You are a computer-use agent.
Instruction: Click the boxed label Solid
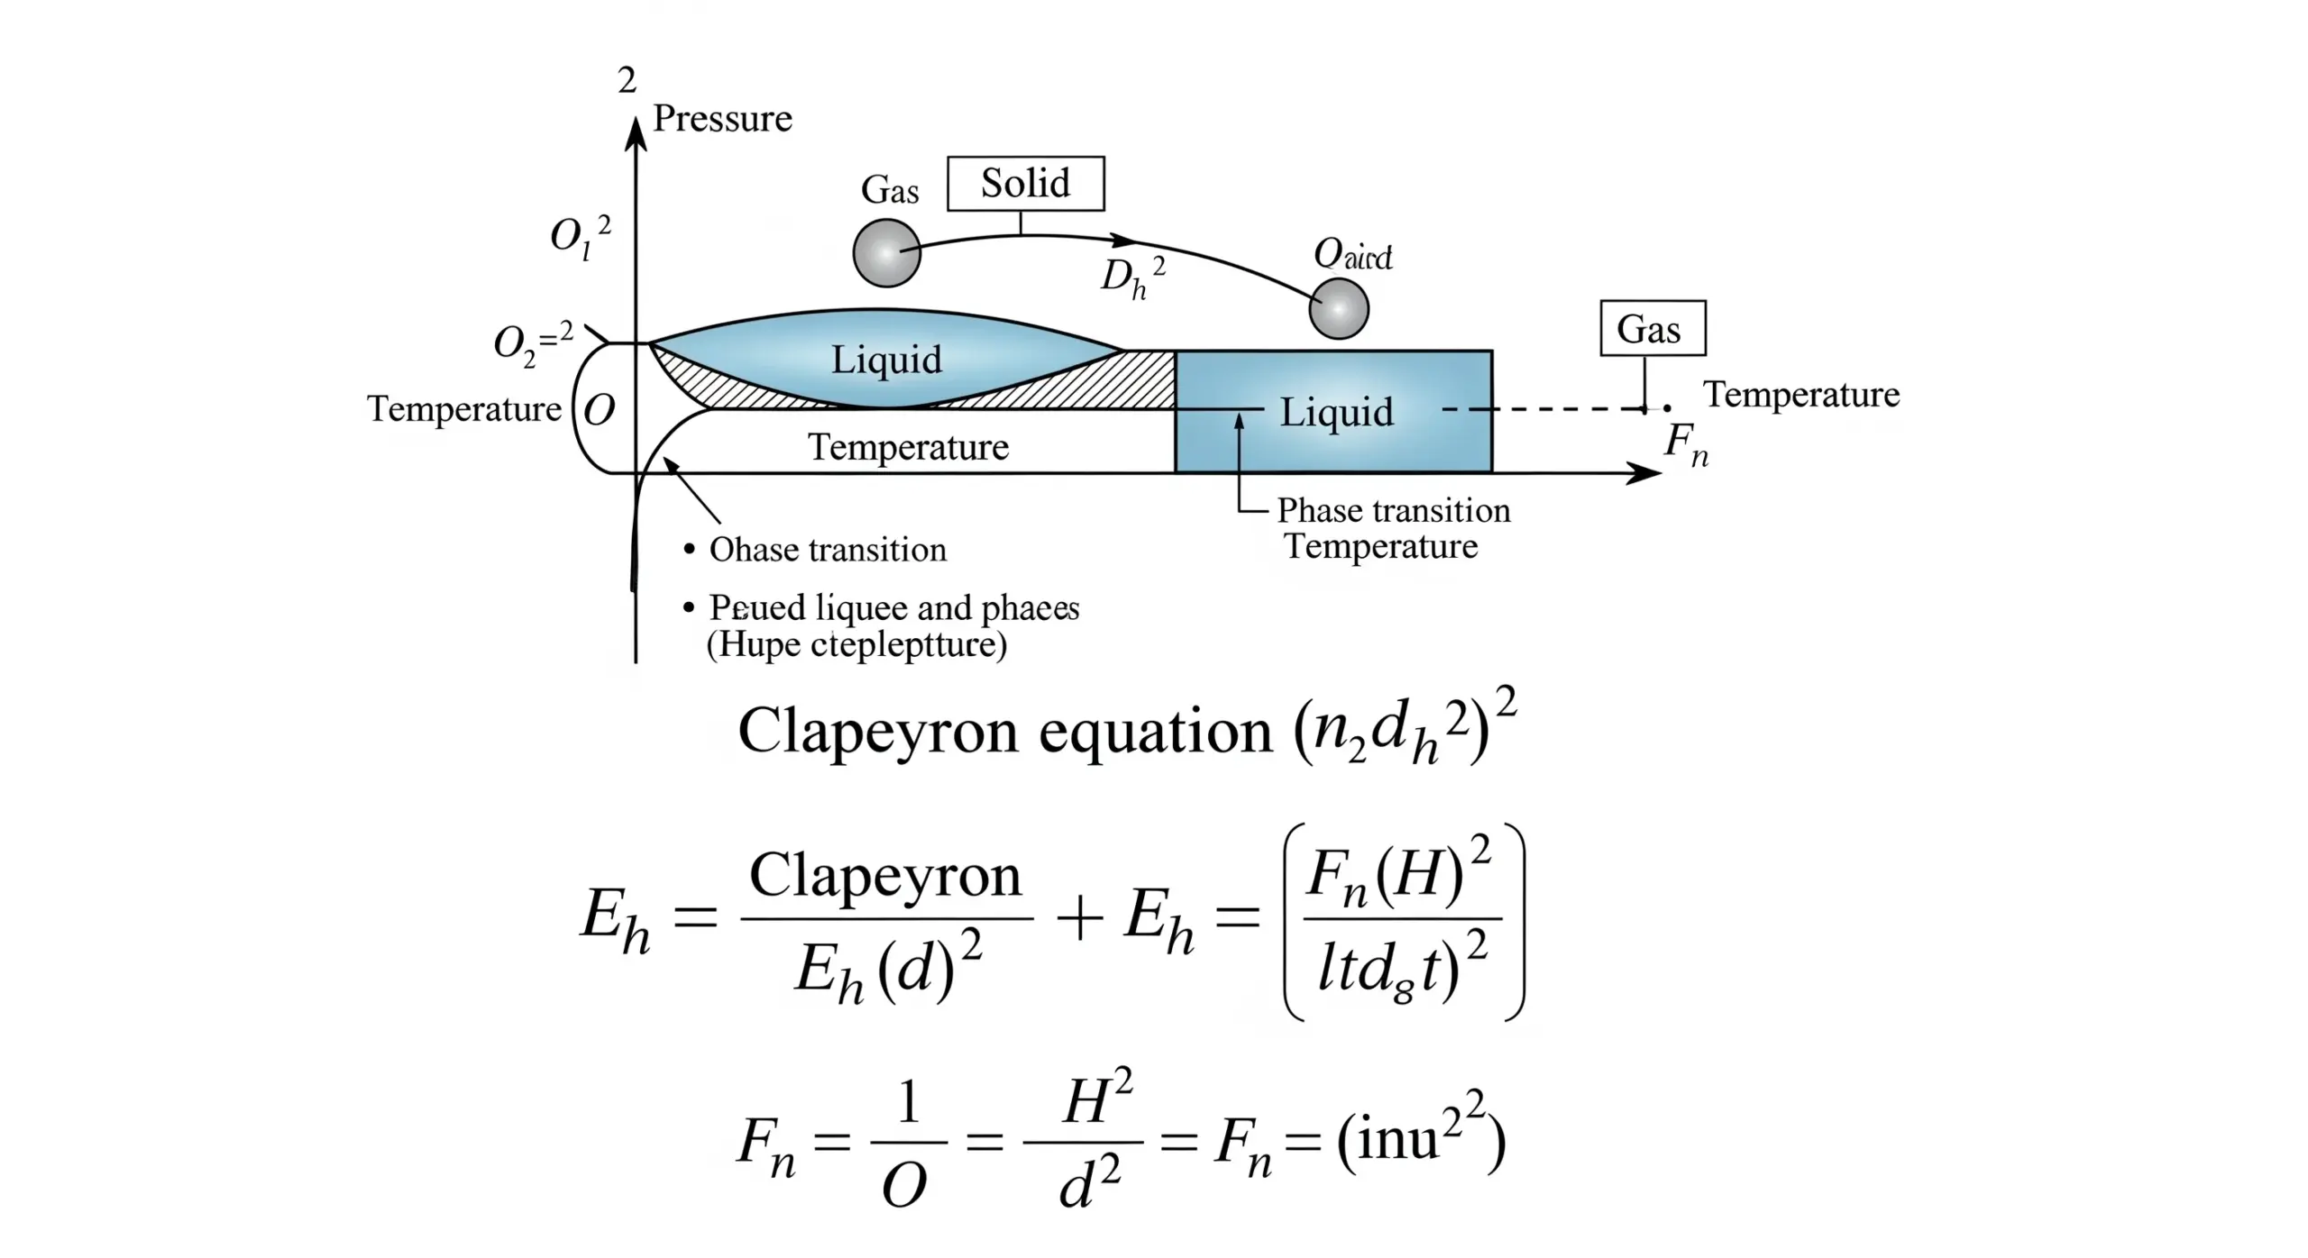tap(1025, 184)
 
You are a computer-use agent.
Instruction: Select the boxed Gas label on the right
tap(1652, 329)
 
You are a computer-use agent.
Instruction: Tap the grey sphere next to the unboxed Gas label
tap(886, 252)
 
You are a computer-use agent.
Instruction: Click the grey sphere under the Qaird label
tap(1338, 308)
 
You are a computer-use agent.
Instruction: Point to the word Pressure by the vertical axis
tap(722, 119)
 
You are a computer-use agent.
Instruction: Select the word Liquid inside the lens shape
tap(886, 360)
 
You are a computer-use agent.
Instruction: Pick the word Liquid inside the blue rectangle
tap(1336, 413)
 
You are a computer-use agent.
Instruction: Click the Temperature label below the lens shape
tap(908, 447)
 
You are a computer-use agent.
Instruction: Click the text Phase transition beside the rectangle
tap(1393, 511)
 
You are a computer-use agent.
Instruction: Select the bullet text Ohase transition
tap(828, 550)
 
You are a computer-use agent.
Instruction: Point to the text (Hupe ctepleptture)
tap(856, 644)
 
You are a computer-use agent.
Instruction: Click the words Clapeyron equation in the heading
tap(1004, 730)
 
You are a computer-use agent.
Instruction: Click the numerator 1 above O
tap(908, 1102)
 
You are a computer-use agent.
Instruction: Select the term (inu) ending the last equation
tap(1420, 1138)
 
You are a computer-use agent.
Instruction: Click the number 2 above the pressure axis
tap(627, 81)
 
